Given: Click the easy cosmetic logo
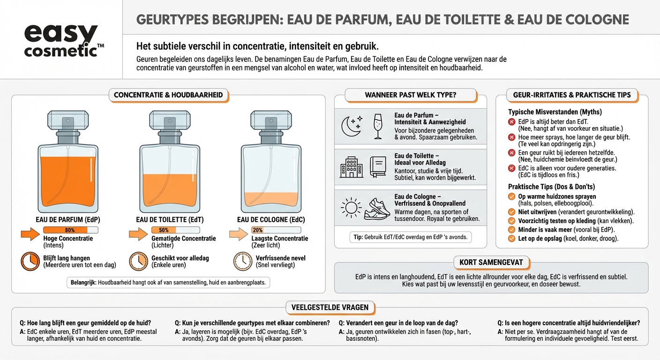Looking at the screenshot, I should point(61,40).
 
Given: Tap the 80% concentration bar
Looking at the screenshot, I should point(70,230).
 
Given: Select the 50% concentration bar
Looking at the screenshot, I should point(175,230).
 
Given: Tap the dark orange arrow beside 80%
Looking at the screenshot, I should point(30,234).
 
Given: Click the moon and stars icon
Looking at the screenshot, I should point(351,126).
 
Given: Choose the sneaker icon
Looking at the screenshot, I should point(378,208).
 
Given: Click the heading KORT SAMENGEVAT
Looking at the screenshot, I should point(491,262).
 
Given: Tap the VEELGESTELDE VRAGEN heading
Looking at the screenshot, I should point(330,307).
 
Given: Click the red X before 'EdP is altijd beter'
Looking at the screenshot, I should point(511,122).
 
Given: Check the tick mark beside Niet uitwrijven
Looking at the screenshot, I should point(511,212).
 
